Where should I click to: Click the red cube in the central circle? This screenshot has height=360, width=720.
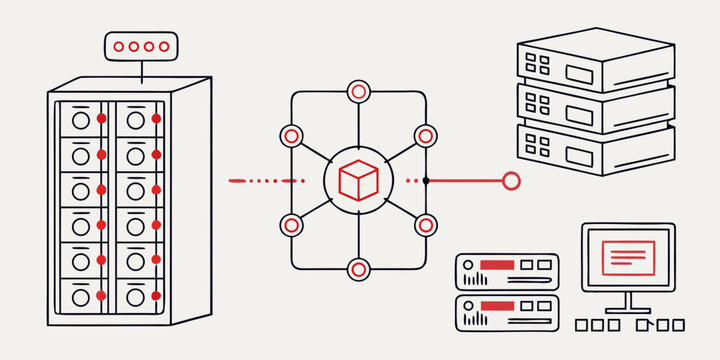[358, 181]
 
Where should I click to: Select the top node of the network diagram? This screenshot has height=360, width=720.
[358, 92]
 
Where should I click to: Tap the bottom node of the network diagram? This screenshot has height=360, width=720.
[358, 269]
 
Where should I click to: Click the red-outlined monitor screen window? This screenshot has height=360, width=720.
[628, 257]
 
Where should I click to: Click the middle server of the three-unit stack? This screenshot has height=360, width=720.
[595, 105]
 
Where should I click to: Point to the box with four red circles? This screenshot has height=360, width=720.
[140, 46]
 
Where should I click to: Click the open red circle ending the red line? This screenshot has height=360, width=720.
[511, 181]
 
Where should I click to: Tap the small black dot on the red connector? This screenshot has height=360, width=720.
[426, 181]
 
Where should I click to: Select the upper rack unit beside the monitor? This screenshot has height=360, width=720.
[506, 271]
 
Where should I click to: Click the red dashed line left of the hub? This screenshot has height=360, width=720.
[265, 181]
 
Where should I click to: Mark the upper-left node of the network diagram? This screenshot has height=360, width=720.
[292, 135]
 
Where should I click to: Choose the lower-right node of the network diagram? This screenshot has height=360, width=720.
[425, 225]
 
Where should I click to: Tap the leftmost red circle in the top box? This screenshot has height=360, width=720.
[120, 46]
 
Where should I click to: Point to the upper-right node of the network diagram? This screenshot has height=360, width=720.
[425, 135]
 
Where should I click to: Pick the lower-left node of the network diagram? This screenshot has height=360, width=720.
[292, 225]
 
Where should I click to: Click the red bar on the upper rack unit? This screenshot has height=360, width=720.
[496, 265]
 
